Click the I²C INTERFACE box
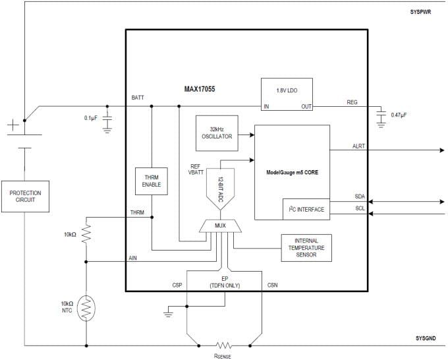click(x=306, y=209)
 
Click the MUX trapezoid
click(x=221, y=227)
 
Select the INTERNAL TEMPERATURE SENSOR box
click(x=307, y=247)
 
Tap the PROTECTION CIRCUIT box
click(x=24, y=196)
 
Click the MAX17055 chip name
click(x=203, y=88)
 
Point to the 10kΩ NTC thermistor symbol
click(x=86, y=307)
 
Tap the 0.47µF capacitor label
click(x=400, y=115)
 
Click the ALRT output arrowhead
click(x=441, y=150)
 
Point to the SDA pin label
click(x=360, y=196)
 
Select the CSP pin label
click(x=177, y=285)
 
